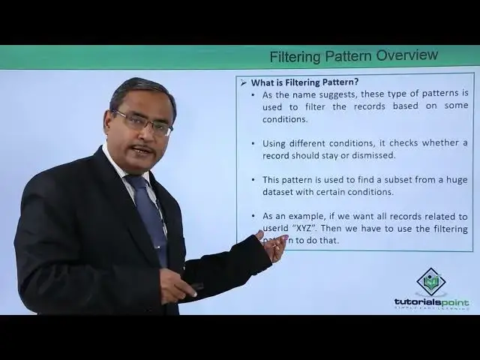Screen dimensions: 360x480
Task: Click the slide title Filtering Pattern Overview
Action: click(353, 56)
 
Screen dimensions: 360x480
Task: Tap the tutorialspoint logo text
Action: click(431, 302)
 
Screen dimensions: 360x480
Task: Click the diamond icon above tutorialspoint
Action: click(431, 280)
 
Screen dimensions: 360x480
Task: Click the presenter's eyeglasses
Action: click(142, 121)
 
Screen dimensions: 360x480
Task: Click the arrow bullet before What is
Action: click(243, 82)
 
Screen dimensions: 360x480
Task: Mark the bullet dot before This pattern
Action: click(252, 180)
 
